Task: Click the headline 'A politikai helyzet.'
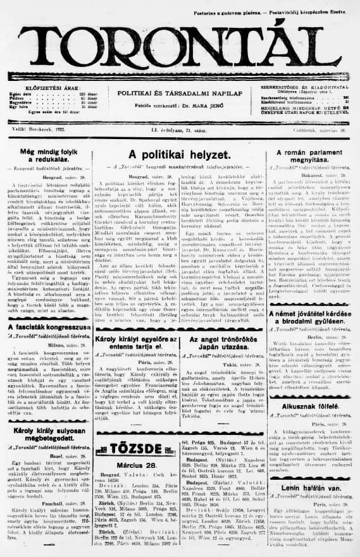178,155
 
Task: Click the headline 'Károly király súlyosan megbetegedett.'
45,419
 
